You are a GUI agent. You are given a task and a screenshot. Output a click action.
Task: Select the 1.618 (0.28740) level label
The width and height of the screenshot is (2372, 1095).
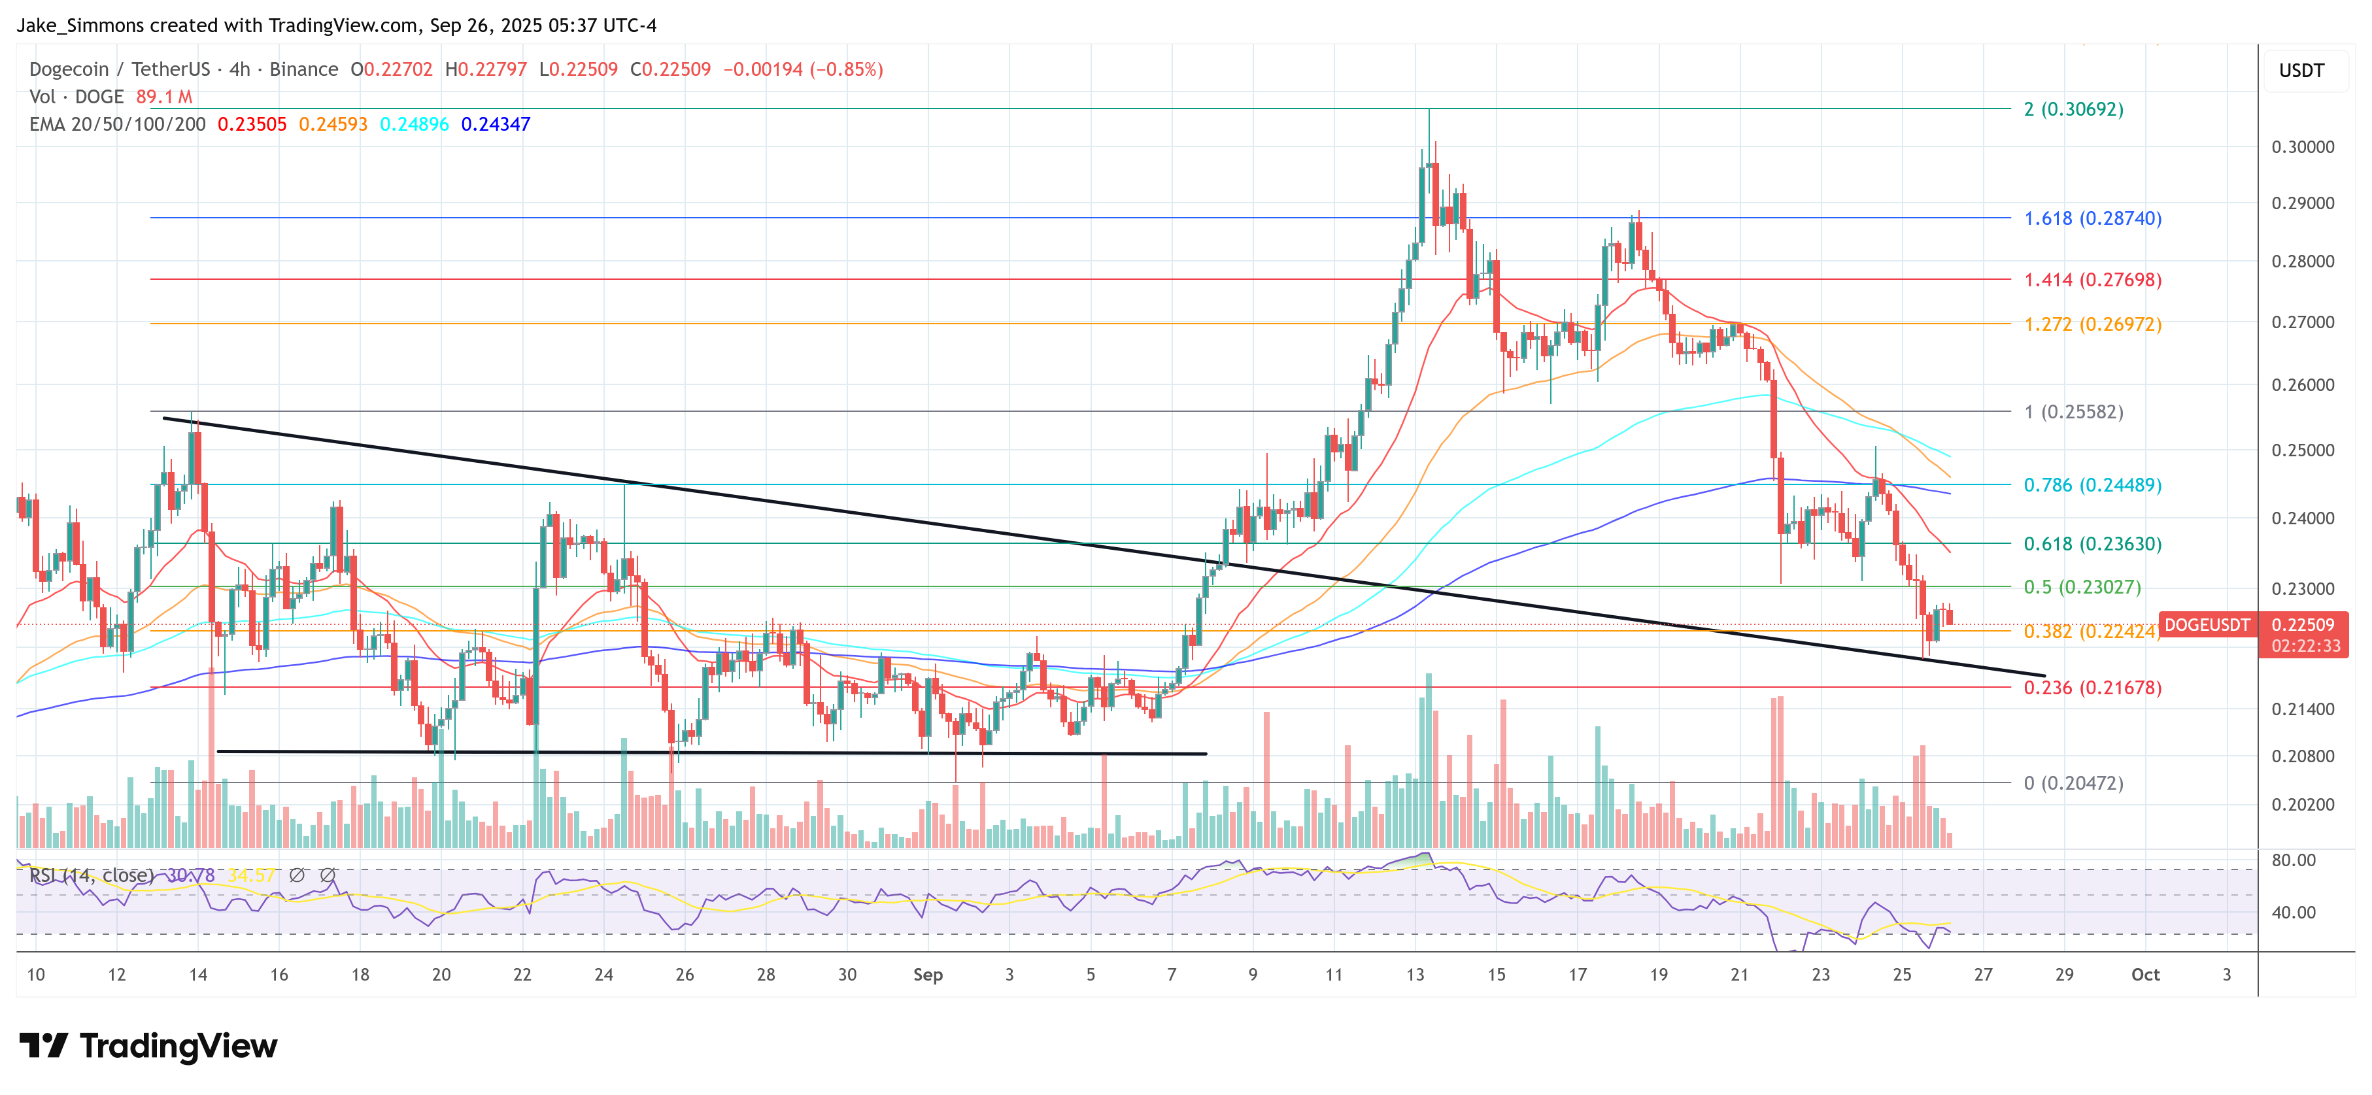click(x=2092, y=218)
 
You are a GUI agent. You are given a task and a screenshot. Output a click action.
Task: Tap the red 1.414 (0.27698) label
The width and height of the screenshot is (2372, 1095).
click(x=2092, y=280)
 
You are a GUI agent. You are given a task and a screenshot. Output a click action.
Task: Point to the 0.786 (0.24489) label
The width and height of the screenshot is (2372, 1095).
click(x=2092, y=485)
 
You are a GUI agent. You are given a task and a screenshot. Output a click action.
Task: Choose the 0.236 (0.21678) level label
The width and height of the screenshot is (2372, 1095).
click(x=2092, y=688)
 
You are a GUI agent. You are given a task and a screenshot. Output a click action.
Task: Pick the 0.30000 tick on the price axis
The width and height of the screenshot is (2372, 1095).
click(x=2302, y=147)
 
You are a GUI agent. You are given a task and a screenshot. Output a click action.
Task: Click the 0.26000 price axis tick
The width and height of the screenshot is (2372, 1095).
click(x=2302, y=385)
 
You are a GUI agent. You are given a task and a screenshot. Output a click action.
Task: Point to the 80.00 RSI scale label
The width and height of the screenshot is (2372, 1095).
click(x=2293, y=861)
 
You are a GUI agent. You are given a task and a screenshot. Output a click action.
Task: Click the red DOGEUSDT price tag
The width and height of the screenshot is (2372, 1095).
click(x=2206, y=626)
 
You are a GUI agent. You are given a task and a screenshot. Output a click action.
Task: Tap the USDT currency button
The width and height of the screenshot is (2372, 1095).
click(x=2301, y=71)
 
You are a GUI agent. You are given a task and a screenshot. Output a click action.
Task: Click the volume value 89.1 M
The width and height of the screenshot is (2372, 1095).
click(x=164, y=97)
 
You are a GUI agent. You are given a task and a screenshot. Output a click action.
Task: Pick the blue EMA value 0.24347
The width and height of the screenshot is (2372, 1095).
click(x=496, y=124)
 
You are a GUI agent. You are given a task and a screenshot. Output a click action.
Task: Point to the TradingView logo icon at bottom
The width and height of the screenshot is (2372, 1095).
click(x=43, y=1046)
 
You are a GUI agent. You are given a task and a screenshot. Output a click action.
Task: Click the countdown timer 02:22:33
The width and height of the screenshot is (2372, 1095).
click(x=2305, y=647)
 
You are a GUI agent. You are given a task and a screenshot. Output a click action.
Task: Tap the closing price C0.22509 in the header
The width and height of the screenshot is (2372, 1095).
click(x=670, y=70)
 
